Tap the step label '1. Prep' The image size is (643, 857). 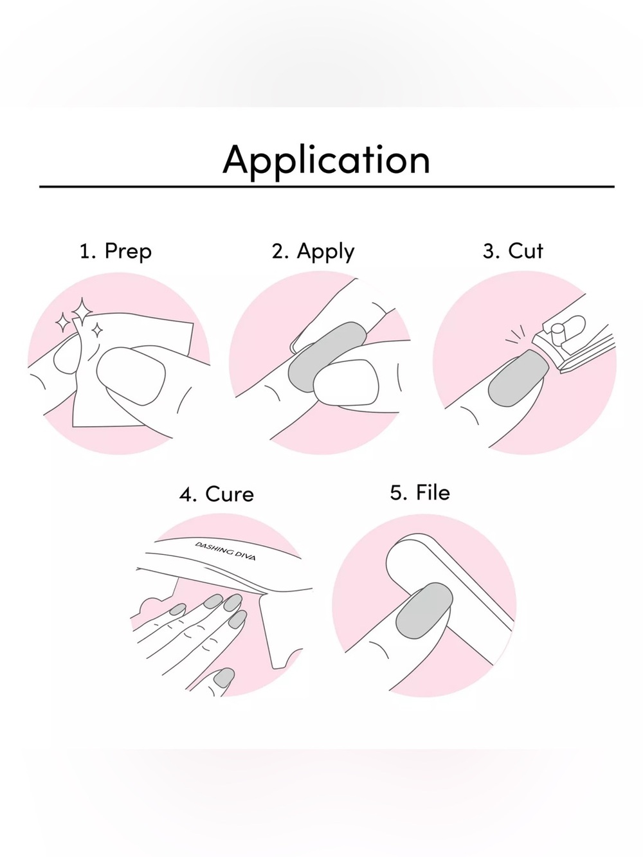click(x=116, y=251)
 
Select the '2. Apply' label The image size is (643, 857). click(x=313, y=251)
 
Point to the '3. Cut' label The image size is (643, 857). click(x=512, y=250)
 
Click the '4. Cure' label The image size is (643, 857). click(x=216, y=494)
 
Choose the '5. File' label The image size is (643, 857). click(x=420, y=492)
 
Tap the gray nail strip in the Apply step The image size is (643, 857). click(x=327, y=356)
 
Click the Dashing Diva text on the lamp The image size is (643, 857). click(x=225, y=551)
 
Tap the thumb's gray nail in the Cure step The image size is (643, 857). click(x=224, y=678)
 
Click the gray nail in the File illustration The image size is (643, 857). click(x=424, y=611)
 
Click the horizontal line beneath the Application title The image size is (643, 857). click(x=327, y=186)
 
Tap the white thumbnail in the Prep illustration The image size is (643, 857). click(x=131, y=376)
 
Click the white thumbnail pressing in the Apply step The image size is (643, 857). click(x=346, y=383)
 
